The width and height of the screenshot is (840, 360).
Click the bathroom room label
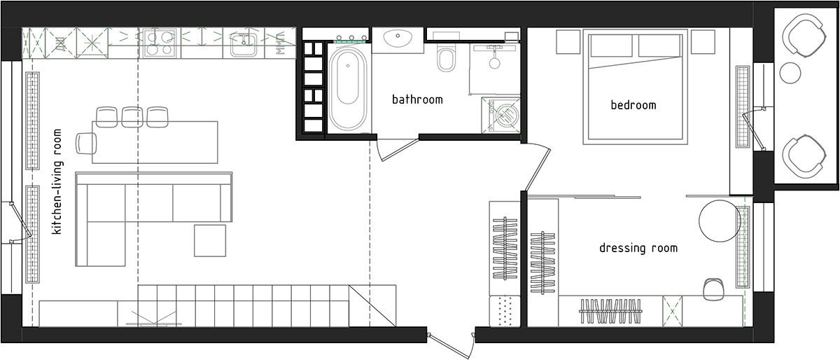417,99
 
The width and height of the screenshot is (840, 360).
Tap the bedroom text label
633,105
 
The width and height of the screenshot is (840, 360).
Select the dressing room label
638,248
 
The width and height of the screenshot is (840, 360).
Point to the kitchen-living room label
57,181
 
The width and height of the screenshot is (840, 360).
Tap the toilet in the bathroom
446,57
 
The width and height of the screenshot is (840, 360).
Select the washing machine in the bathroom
500,115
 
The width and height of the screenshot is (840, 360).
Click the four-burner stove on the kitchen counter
160,43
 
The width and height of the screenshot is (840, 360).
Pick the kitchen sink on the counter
244,45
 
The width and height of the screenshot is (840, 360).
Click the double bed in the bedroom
636,87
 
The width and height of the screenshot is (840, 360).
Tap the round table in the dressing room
720,221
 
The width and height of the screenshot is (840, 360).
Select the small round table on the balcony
790,73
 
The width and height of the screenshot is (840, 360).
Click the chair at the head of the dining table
86,144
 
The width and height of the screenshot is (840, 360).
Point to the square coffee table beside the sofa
210,241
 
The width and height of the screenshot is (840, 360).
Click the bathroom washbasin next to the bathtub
398,40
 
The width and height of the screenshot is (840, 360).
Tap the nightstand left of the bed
568,41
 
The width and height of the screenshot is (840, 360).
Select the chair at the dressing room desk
713,289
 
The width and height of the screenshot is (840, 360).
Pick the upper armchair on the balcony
804,36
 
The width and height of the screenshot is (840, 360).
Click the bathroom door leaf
400,150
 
